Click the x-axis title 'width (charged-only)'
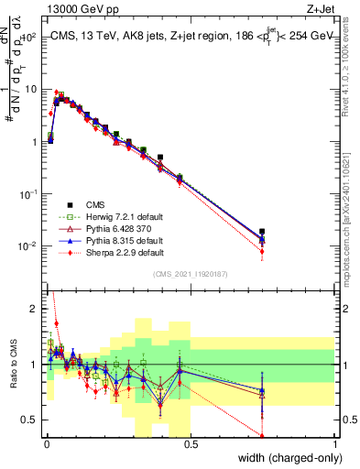[288, 457]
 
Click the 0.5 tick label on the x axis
[191, 443]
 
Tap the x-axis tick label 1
[334, 443]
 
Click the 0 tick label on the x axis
[47, 443]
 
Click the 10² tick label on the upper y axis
[29, 37]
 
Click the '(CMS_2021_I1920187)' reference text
[191, 273]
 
